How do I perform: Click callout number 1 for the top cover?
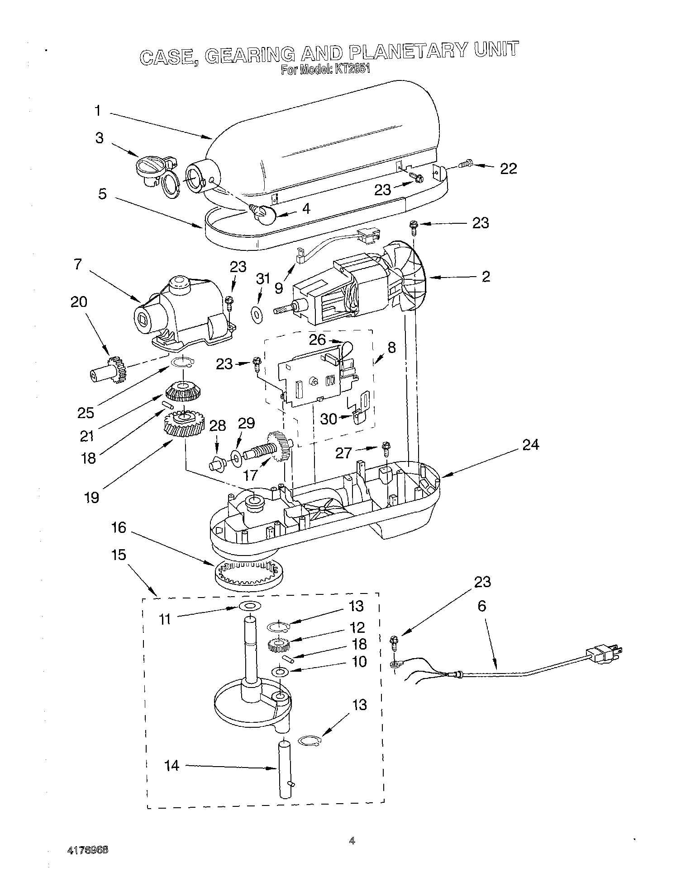pos(97,111)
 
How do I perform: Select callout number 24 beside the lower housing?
pos(530,445)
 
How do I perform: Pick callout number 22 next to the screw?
pos(508,169)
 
